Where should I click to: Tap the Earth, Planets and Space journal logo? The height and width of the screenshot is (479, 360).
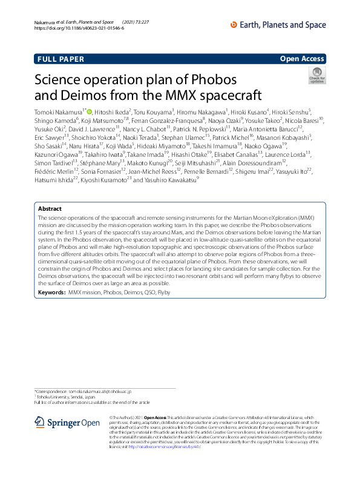281,24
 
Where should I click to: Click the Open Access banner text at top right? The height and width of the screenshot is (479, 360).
303,59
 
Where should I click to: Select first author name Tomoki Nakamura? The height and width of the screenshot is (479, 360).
58,112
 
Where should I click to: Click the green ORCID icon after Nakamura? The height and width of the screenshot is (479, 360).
90,112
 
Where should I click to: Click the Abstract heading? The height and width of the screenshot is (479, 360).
51,208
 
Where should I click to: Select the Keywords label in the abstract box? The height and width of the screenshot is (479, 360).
51,292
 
